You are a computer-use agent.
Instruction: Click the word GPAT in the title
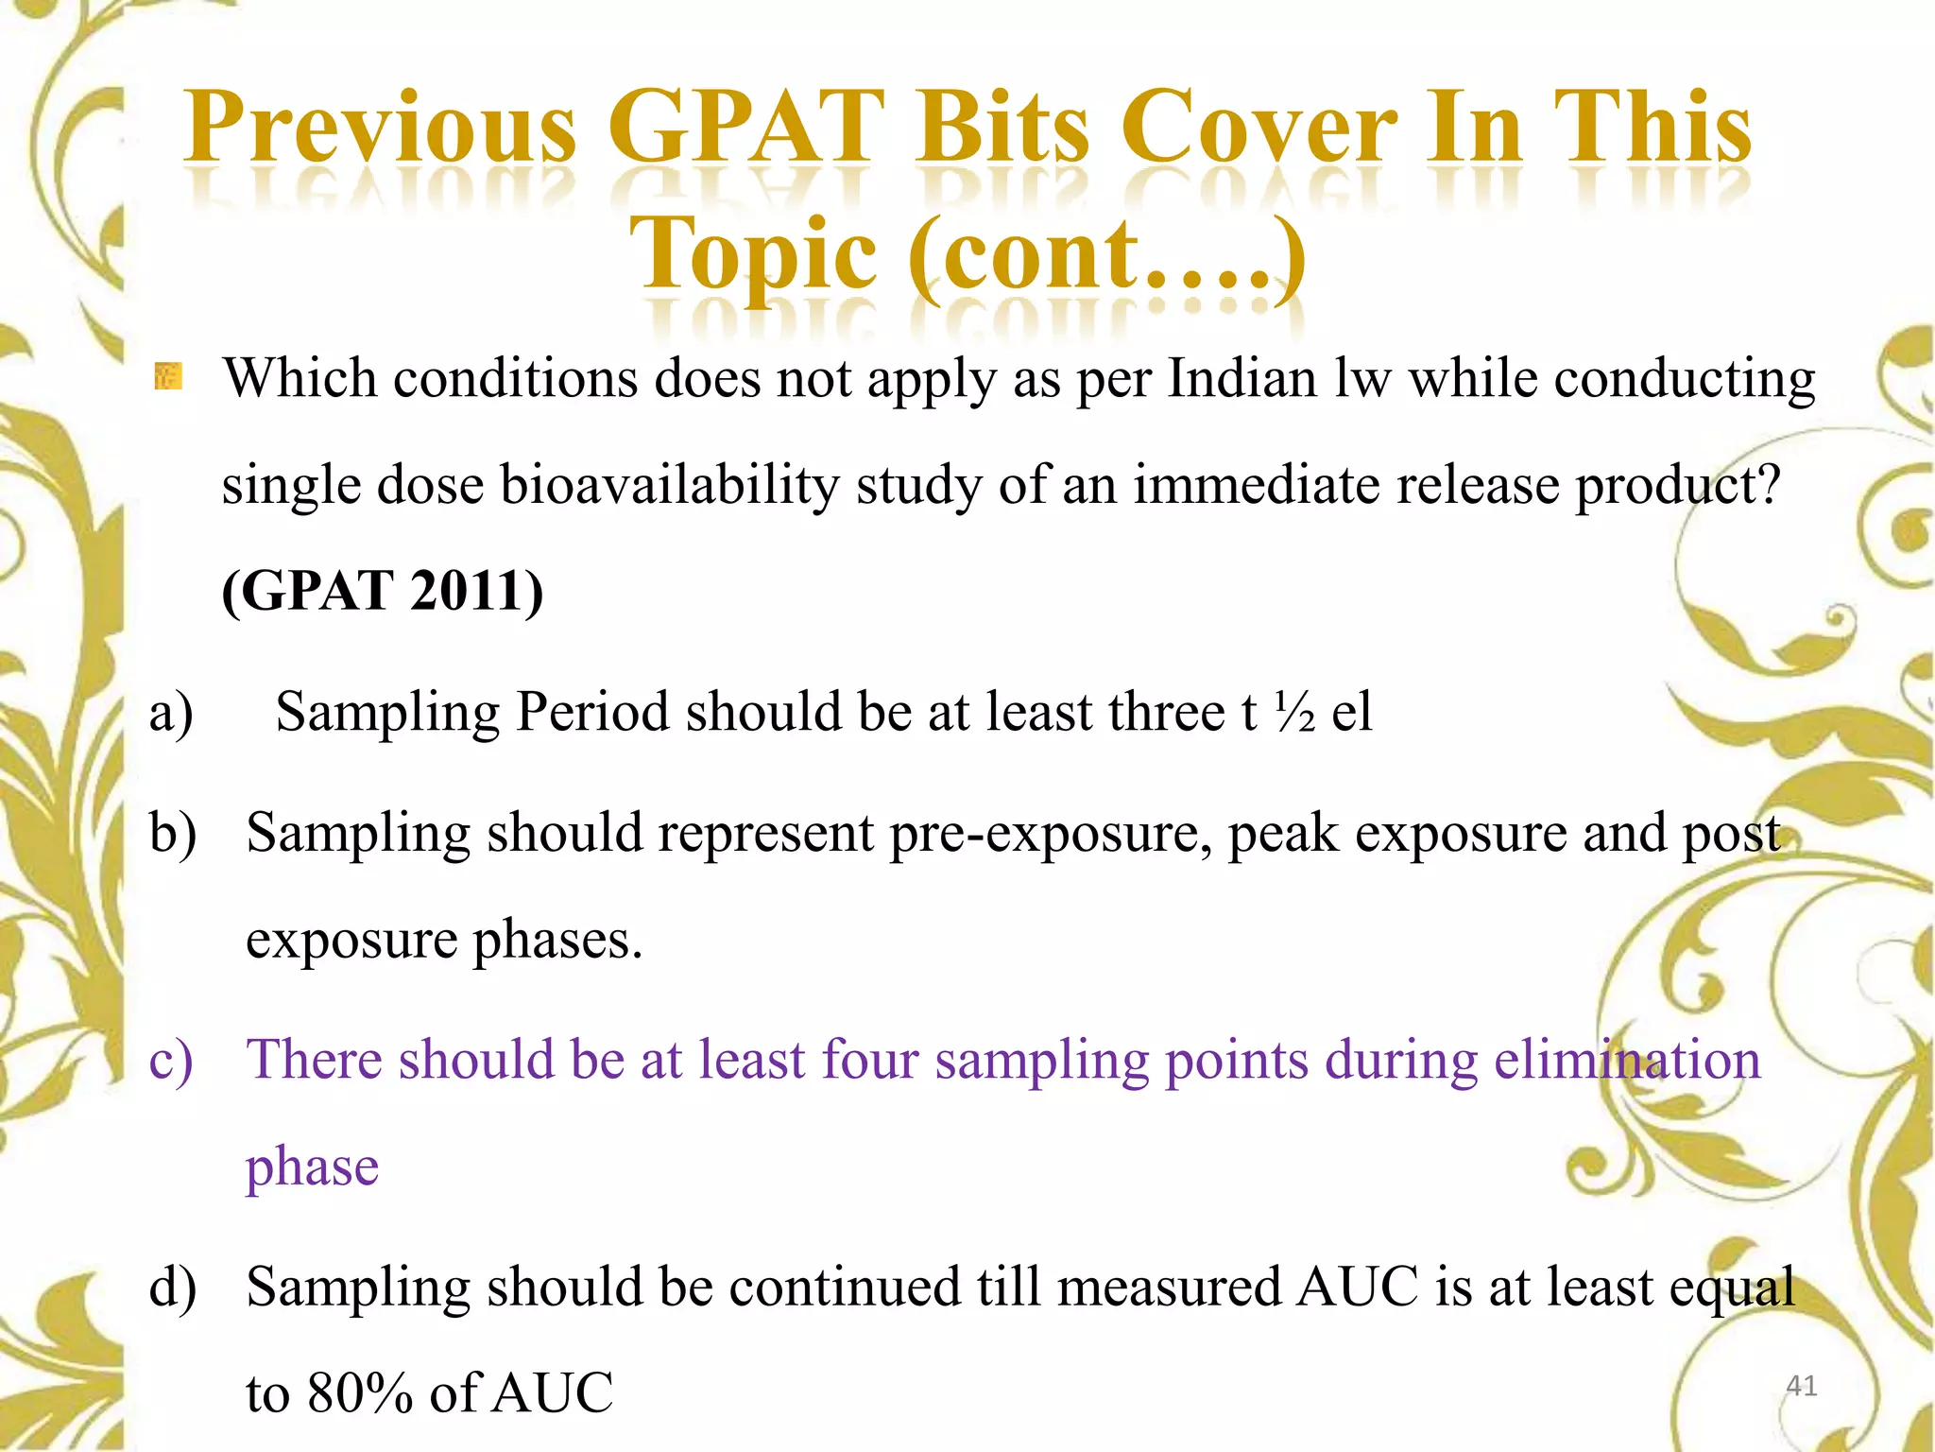point(745,128)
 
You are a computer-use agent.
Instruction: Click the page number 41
point(1801,1386)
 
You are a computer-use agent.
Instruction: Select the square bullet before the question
point(168,377)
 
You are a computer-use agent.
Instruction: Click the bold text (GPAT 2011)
point(382,592)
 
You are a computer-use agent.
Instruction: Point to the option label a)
point(171,713)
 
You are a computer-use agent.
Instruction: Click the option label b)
point(173,834)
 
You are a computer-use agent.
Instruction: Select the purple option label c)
point(171,1060)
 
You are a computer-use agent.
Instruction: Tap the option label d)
point(173,1288)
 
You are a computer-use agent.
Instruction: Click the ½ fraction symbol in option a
point(1294,713)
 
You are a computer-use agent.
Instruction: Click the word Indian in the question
point(1241,379)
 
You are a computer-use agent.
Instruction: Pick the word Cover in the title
point(1258,128)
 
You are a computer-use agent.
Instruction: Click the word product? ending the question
point(1677,486)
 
